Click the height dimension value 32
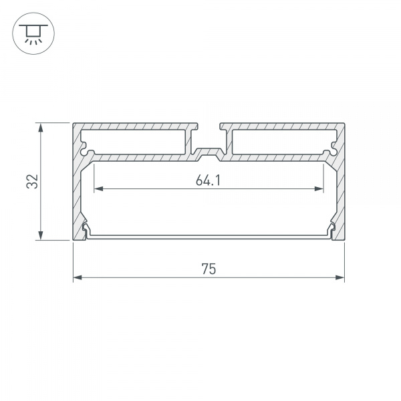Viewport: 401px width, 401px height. coord(31,181)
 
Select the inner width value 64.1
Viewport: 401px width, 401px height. coord(208,180)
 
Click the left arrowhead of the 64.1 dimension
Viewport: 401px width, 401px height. coord(97,189)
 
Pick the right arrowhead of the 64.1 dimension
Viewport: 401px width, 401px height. coord(320,189)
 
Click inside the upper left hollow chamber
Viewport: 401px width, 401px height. coord(134,142)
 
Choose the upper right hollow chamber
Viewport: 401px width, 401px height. coord(281,142)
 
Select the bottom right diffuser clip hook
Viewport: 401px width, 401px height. coord(331,231)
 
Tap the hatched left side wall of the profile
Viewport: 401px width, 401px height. coord(76,194)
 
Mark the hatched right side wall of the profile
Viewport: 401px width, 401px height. coord(340,194)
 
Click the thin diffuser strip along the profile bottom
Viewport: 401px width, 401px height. coord(208,236)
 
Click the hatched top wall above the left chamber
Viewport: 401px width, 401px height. coord(134,126)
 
